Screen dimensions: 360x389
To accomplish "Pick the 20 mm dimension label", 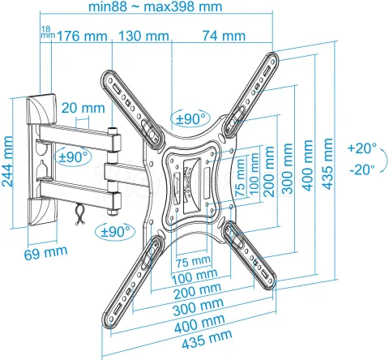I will pyautogui.click(x=82, y=108).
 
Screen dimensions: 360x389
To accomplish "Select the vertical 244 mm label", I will pyautogui.click(x=9, y=161).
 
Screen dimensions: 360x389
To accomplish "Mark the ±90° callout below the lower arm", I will pyautogui.click(x=113, y=230).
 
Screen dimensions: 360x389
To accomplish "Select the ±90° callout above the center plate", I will pyautogui.click(x=190, y=118).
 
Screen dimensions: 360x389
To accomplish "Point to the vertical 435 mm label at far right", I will pyautogui.click(x=328, y=162).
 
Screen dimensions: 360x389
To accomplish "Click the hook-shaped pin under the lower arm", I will pyautogui.click(x=79, y=212).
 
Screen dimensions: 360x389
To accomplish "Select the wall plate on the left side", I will pyautogui.click(x=37, y=161).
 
